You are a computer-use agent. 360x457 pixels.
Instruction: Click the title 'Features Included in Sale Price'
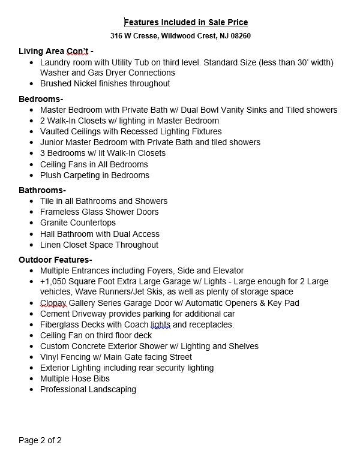[x=185, y=22]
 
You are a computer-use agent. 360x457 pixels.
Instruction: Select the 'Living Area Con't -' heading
[x=56, y=50]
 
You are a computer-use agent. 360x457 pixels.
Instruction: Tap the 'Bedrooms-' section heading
[x=41, y=99]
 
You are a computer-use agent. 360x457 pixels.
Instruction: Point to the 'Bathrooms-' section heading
[x=43, y=190]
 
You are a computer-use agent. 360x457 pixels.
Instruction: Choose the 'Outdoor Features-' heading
[x=55, y=260]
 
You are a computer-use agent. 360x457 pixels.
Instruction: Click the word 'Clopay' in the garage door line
[x=53, y=303]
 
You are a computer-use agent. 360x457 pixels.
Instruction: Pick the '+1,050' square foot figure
[x=53, y=281]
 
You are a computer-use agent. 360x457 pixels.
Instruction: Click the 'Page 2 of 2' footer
[x=40, y=440]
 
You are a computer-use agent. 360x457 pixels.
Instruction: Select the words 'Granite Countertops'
[x=78, y=223]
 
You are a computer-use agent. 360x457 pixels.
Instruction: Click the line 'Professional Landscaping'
[x=88, y=389]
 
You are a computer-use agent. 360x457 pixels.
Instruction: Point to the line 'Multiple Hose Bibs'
[x=75, y=378]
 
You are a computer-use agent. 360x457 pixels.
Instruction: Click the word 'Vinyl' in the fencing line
[x=50, y=357]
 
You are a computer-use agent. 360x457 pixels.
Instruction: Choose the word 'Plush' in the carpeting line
[x=50, y=175]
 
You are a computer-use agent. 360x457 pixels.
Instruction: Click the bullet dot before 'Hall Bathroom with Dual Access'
[x=32, y=234]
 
